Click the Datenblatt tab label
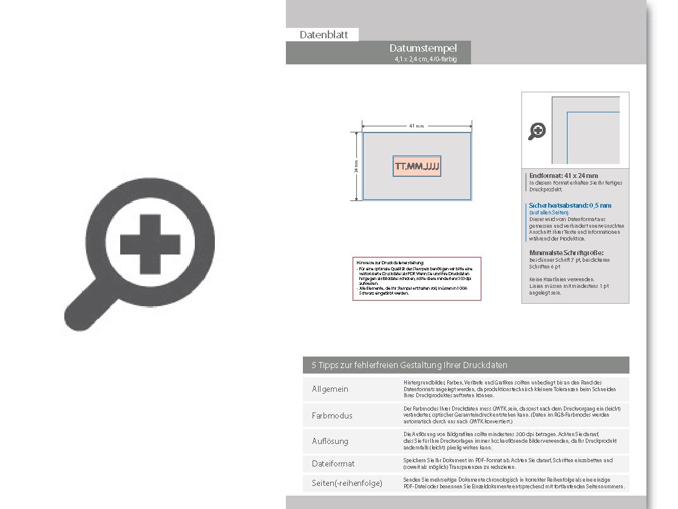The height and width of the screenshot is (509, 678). coord(324,35)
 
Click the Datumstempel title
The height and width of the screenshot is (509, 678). coord(423,48)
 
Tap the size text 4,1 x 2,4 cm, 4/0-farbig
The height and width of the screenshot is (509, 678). coord(425,60)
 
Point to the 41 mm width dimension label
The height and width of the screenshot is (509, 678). coord(416,126)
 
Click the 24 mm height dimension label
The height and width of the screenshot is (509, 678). coord(356,166)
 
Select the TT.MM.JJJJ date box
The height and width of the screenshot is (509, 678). coord(417,166)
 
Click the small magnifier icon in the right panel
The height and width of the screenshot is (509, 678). coord(537,131)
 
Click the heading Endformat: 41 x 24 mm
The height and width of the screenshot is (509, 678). coord(563,176)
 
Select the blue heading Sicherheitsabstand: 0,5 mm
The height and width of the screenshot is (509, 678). coord(570,205)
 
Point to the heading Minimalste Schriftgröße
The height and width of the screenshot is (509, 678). coord(567,253)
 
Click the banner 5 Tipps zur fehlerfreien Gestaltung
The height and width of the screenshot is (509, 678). coord(409,365)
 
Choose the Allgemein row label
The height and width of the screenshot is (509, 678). coord(330,389)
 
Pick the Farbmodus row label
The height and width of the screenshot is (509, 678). coord(332,415)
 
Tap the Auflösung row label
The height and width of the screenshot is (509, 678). coord(330,441)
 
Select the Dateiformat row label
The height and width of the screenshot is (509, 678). coord(333,463)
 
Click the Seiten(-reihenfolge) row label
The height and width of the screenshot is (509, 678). coord(347,483)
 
